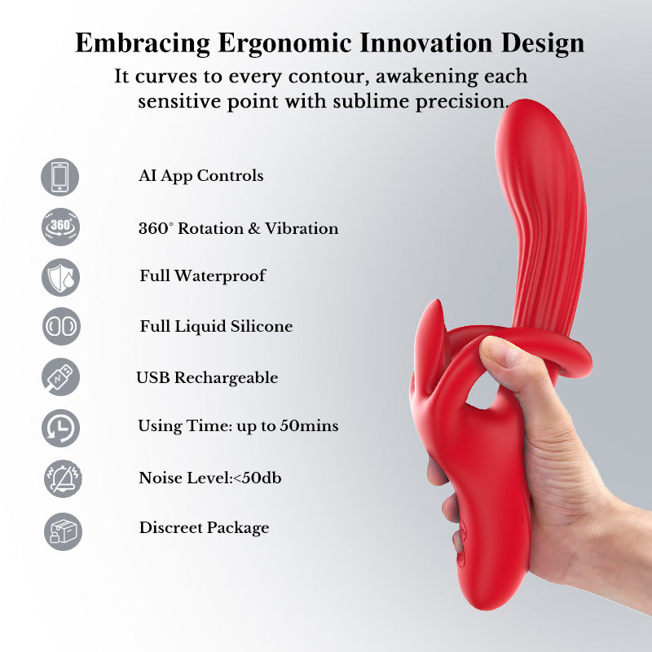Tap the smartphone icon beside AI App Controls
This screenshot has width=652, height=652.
60,177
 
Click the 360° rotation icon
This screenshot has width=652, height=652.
60,227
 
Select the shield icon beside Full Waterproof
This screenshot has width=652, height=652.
60,276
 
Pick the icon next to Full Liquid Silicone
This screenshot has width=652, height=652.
60,326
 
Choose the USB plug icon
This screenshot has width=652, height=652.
60,377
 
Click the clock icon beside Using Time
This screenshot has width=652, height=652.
60,426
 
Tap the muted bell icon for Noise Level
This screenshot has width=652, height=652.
60,478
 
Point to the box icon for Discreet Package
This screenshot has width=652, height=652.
60,528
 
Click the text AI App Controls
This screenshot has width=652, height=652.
201,176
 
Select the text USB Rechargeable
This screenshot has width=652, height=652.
207,378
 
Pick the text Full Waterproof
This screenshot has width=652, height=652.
203,276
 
